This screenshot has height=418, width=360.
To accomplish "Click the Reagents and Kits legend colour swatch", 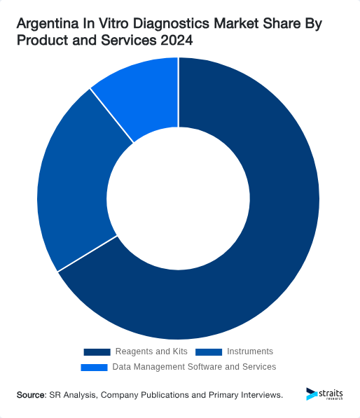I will coord(97,351).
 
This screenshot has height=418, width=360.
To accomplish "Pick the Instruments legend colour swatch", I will coord(209,351).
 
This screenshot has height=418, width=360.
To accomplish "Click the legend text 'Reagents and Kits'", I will coord(151,351).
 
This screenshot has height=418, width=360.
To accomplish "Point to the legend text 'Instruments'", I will coord(250,351).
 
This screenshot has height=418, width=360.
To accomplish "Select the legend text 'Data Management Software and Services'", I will coord(194,367).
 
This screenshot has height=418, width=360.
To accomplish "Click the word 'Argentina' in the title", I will coord(46,25).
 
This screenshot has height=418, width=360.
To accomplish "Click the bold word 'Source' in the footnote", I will coord(30,395).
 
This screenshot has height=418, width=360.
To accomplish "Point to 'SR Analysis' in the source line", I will coord(73,395).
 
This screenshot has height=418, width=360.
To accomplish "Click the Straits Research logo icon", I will coord(312,394).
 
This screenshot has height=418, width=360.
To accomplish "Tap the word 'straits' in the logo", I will coord(330,392).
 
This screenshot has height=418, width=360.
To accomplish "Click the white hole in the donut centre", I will coord(179,199).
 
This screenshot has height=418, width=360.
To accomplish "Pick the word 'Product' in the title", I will coord(41,41).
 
